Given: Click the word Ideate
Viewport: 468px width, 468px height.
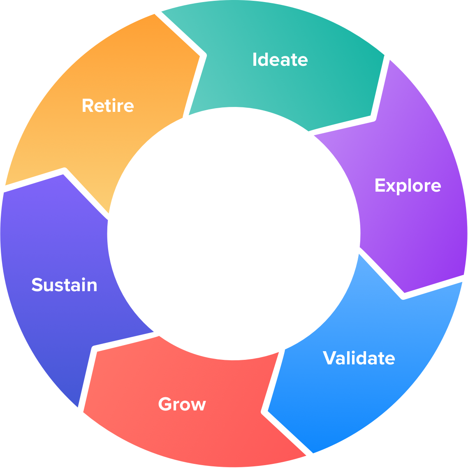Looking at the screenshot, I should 280,60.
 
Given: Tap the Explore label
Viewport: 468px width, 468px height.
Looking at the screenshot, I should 408,186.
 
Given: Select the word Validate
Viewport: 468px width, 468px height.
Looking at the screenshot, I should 359,358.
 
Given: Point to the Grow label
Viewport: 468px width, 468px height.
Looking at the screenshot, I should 182,404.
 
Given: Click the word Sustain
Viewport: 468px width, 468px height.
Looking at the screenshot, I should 65,285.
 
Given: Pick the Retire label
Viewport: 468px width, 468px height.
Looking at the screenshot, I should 108,106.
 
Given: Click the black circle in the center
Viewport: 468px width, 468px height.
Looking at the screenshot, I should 234,234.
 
